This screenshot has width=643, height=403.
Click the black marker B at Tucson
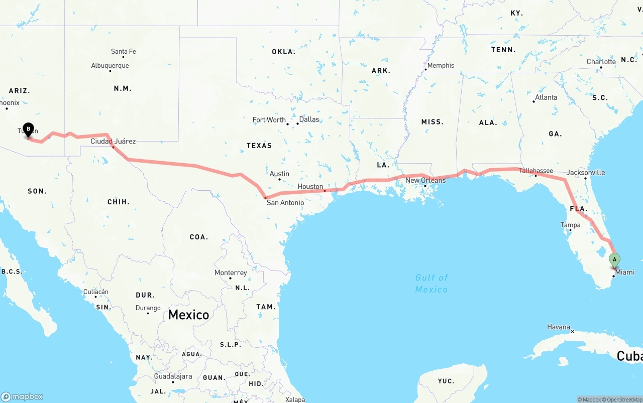pos(29,129)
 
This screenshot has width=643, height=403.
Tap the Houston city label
pos(310,187)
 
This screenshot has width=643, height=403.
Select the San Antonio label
pos(285,203)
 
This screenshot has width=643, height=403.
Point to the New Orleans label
pos(425,180)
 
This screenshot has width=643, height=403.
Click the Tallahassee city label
pos(535,171)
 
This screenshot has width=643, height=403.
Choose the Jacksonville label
pos(586,172)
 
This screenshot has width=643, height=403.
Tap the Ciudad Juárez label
pos(113,141)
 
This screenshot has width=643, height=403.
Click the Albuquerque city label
pos(110,65)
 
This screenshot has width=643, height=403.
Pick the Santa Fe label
pos(123,51)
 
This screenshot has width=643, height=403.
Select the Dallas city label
pos(309,119)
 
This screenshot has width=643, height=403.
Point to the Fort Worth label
pos(269,120)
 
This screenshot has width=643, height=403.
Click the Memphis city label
pos(441,65)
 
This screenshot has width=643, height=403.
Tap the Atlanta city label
pos(546,97)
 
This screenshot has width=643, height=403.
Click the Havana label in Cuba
pos(559,327)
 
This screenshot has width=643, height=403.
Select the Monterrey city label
pos(231,273)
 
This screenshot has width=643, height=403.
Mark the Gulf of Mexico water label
pos(432,284)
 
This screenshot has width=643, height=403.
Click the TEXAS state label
pos(259,146)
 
